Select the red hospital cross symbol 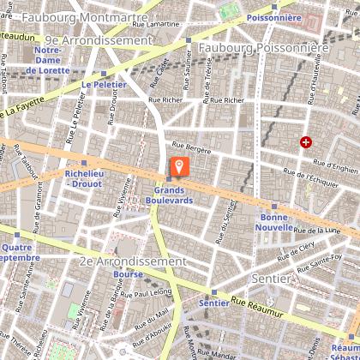[305, 142]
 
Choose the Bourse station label [128, 274]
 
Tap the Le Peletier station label [98, 86]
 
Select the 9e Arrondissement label [98, 39]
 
